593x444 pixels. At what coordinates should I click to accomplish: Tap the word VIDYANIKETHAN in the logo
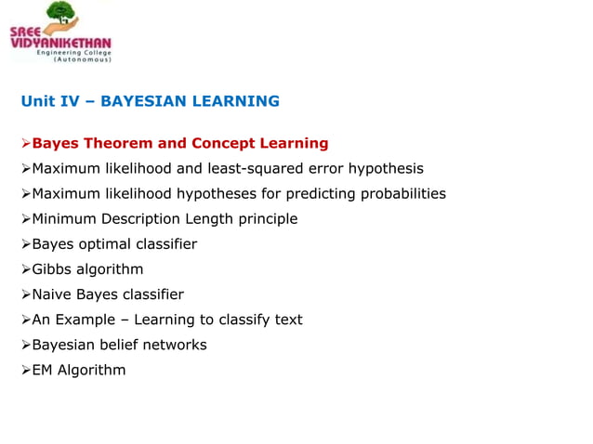coord(60,43)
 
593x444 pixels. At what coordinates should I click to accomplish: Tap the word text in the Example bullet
coord(287,320)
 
